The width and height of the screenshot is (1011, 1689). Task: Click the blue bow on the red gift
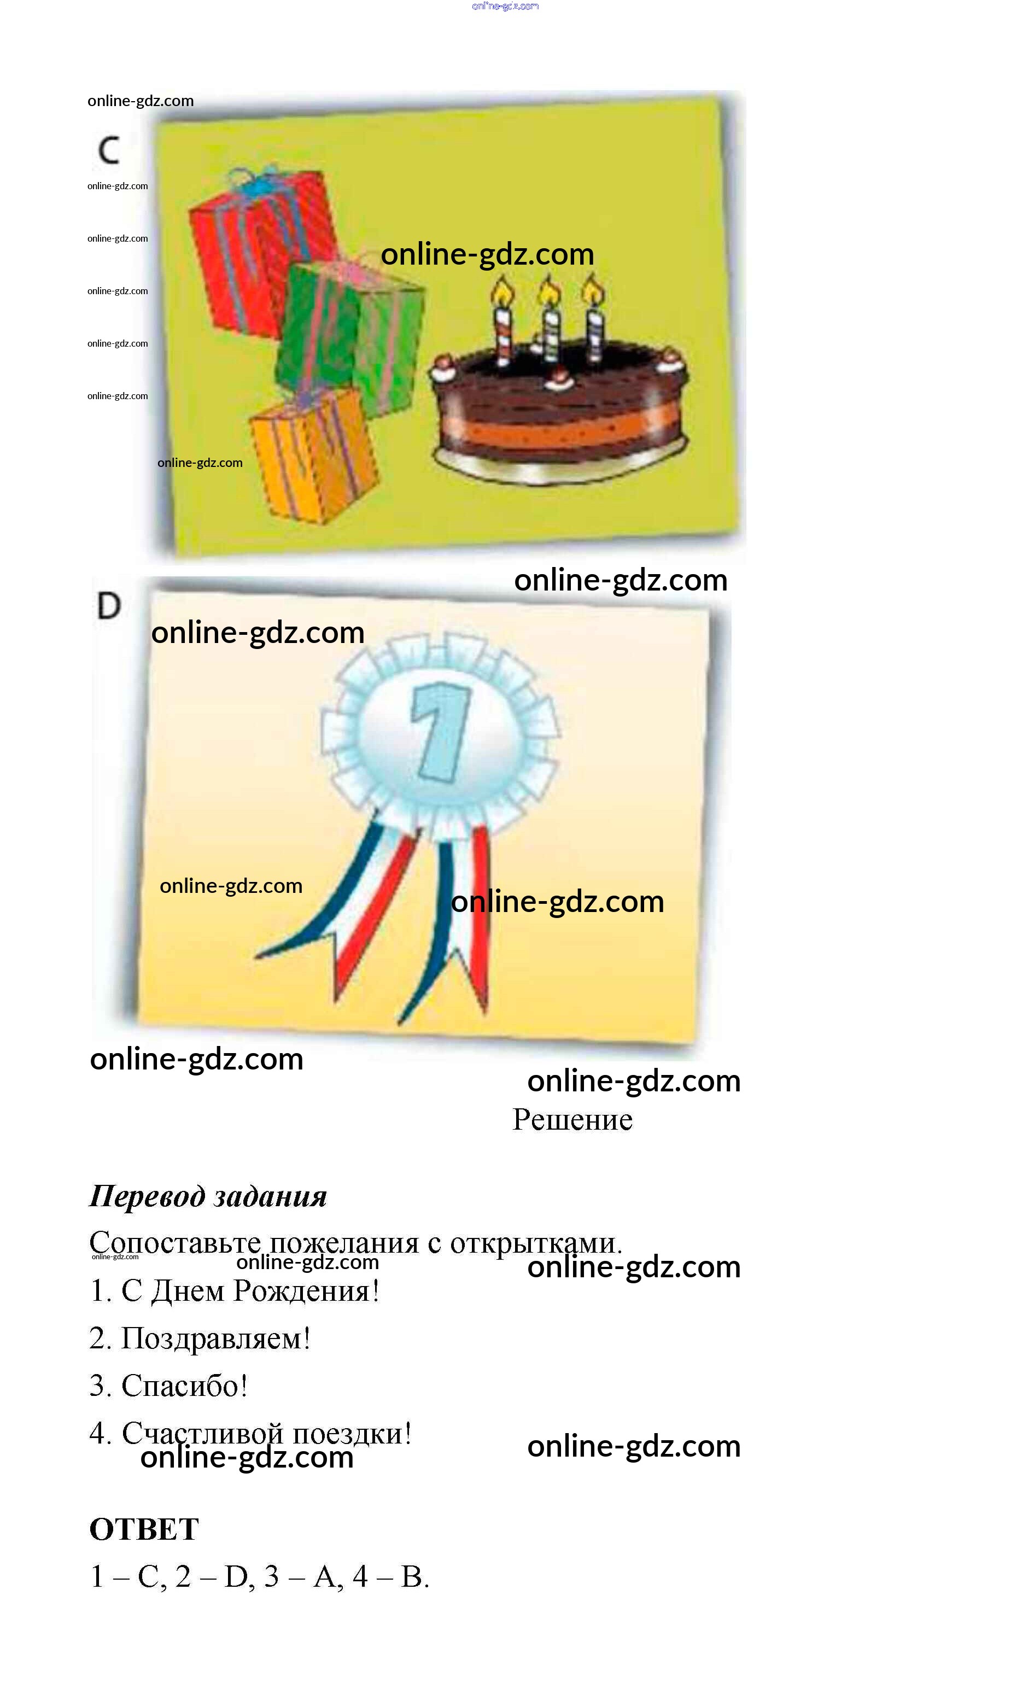pyautogui.click(x=252, y=180)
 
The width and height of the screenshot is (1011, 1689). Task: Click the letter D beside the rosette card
pyautogui.click(x=109, y=605)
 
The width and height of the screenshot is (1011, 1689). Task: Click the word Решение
pyautogui.click(x=572, y=1120)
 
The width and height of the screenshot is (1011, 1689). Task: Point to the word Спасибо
pyautogui.click(x=184, y=1386)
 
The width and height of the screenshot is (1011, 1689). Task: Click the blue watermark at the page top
pyautogui.click(x=505, y=6)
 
